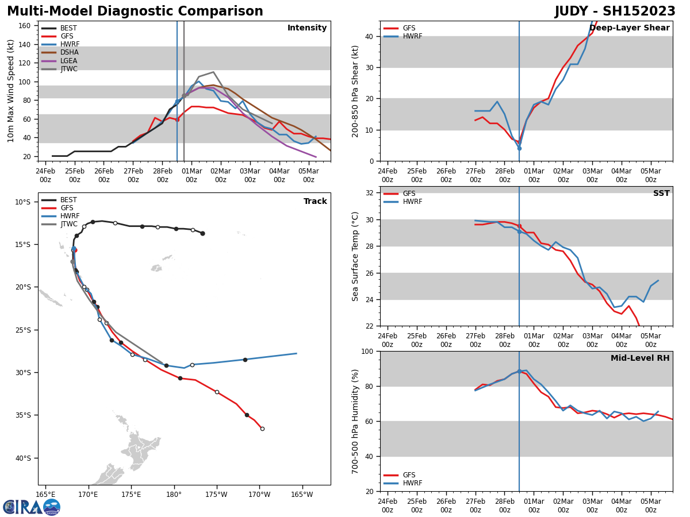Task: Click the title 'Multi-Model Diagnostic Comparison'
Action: [135, 11]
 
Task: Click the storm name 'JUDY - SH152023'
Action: [615, 11]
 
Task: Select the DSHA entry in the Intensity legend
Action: [70, 52]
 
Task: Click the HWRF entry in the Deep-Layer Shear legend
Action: [412, 37]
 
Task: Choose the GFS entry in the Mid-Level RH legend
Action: [409, 475]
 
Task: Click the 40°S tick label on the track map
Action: [22, 458]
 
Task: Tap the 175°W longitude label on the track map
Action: [216, 495]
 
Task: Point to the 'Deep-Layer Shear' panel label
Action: [629, 28]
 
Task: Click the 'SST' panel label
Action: [661, 194]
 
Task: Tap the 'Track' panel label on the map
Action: [315, 202]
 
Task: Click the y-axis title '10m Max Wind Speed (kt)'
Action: [11, 91]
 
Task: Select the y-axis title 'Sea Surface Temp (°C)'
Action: [356, 256]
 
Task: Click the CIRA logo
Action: [32, 507]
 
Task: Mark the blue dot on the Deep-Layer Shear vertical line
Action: [519, 148]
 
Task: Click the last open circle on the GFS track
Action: [262, 429]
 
